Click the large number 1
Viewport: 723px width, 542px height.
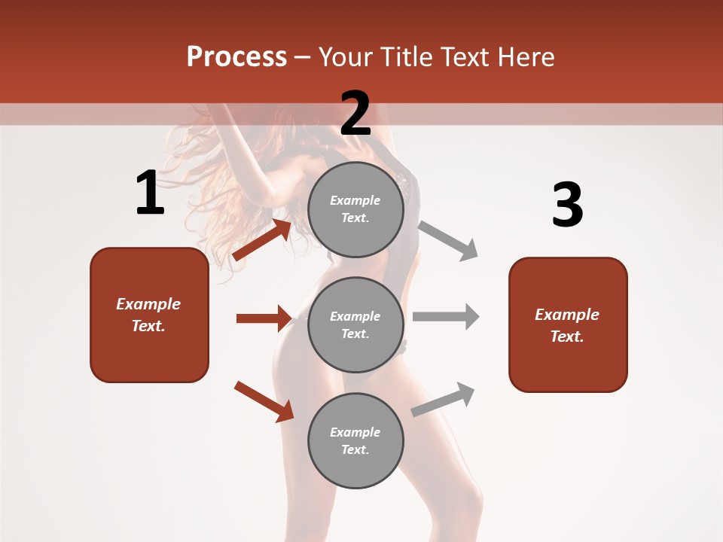tap(150, 193)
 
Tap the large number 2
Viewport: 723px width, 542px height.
tap(355, 114)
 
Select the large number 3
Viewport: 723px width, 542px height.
tap(567, 206)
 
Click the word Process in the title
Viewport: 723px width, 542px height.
tap(236, 56)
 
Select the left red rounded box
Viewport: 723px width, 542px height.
tap(149, 315)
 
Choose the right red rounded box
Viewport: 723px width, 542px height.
tap(568, 324)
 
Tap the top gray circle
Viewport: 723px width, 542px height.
tap(355, 209)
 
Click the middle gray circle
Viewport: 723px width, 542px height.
tap(355, 324)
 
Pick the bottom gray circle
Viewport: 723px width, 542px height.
tap(355, 440)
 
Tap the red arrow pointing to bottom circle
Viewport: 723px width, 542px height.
tap(264, 401)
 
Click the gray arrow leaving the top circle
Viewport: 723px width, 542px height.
tap(448, 240)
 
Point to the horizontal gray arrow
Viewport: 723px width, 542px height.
tap(446, 317)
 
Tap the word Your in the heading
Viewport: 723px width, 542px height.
tap(346, 56)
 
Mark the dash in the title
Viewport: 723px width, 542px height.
tap(303, 58)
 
